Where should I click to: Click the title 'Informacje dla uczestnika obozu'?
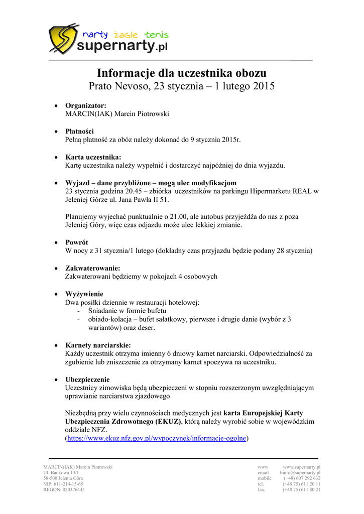point(182,72)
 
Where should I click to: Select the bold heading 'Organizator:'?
point(86,105)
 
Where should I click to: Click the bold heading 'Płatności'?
point(79,131)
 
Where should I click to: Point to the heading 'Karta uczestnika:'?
point(93,157)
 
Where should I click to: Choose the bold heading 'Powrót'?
point(77,242)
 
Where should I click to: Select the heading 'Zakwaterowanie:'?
point(93,269)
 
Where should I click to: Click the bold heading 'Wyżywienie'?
point(84,294)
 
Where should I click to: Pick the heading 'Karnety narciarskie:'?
point(98,345)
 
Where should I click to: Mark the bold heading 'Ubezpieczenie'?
point(87,379)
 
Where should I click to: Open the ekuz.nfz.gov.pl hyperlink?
point(157,438)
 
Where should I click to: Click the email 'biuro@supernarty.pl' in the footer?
point(300,473)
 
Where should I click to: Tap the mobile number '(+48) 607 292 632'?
point(302,478)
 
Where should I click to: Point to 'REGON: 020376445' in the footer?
point(64,489)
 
